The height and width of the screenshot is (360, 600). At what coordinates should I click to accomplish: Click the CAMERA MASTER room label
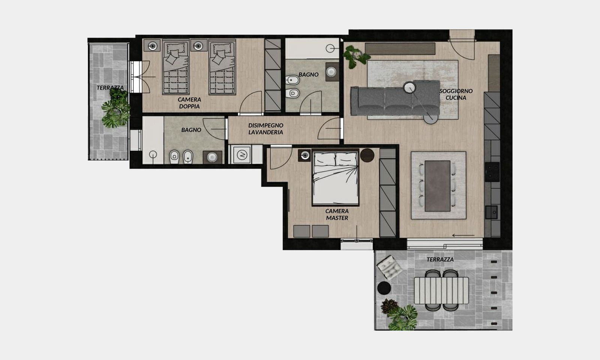(x=337, y=214)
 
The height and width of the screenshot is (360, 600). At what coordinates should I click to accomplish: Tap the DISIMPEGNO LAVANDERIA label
(x=266, y=129)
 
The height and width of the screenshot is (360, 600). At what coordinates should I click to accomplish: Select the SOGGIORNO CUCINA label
(x=456, y=94)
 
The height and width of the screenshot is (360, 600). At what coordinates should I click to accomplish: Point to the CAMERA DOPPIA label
(x=189, y=103)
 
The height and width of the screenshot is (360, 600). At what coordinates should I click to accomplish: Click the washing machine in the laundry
(x=242, y=155)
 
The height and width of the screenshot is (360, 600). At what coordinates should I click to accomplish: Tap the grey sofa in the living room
(x=395, y=99)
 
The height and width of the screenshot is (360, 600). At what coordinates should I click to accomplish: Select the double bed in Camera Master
(x=335, y=177)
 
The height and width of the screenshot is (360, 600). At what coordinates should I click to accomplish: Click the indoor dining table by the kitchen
(x=437, y=186)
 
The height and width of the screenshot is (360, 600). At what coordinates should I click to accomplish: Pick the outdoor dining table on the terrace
(x=441, y=291)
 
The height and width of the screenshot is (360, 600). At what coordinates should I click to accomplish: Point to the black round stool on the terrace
(x=384, y=288)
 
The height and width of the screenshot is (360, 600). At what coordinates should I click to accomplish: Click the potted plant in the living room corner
(x=355, y=57)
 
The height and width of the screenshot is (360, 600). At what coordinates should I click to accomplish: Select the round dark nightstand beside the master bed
(x=367, y=155)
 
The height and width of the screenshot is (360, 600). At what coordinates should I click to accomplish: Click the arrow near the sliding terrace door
(x=463, y=236)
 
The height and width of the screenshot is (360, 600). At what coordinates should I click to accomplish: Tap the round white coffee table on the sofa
(x=409, y=87)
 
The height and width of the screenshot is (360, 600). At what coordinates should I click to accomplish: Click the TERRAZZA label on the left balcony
(x=110, y=88)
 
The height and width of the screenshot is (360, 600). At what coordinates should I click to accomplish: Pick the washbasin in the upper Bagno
(x=331, y=72)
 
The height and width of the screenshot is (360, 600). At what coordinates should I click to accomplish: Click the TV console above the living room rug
(x=400, y=49)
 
